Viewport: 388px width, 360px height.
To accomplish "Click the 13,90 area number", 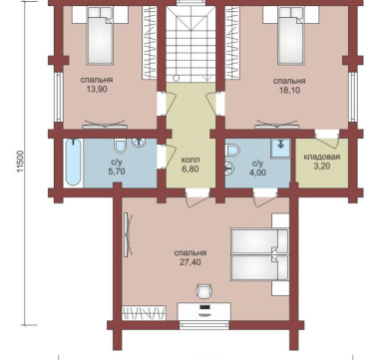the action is [x=97, y=89].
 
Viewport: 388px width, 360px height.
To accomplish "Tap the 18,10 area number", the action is [x=289, y=90].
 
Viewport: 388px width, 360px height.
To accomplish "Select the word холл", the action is [x=191, y=160].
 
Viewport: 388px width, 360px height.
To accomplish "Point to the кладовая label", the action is [x=322, y=157].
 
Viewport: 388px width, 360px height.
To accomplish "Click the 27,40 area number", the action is [x=191, y=262].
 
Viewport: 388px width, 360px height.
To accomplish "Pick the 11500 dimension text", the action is [x=21, y=162].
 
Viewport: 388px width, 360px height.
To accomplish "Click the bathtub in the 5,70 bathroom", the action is [x=73, y=162].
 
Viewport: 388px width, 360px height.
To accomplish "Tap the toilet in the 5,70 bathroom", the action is [x=120, y=145].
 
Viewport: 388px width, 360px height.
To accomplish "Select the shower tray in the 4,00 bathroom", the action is [x=280, y=149].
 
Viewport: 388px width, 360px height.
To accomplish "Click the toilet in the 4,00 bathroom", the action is [x=232, y=150].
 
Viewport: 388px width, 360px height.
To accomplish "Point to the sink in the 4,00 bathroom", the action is [x=230, y=169].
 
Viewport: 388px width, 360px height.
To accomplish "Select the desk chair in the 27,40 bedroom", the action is [x=203, y=290].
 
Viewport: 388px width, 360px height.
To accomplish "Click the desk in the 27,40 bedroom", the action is [x=204, y=311].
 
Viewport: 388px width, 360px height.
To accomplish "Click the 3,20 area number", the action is [x=322, y=166].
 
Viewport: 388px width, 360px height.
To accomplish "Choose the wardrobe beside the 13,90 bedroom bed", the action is [x=150, y=43].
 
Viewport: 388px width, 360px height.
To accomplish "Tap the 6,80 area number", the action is [x=191, y=170].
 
